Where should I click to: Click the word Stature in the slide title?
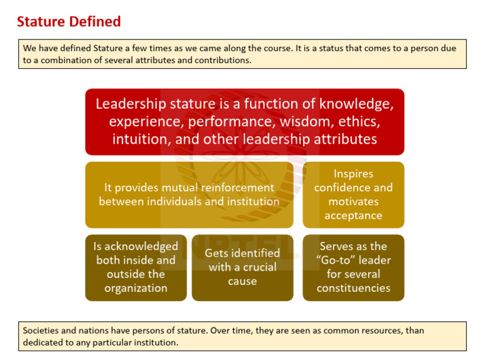click(x=40, y=22)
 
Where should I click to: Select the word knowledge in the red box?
click(x=356, y=104)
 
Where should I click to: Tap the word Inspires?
click(x=353, y=174)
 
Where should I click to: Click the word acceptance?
click(x=353, y=216)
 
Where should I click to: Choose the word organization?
click(x=136, y=288)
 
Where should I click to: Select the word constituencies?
click(x=353, y=288)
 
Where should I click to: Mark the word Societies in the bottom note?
click(x=42, y=331)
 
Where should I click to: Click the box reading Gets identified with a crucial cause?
click(x=242, y=267)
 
